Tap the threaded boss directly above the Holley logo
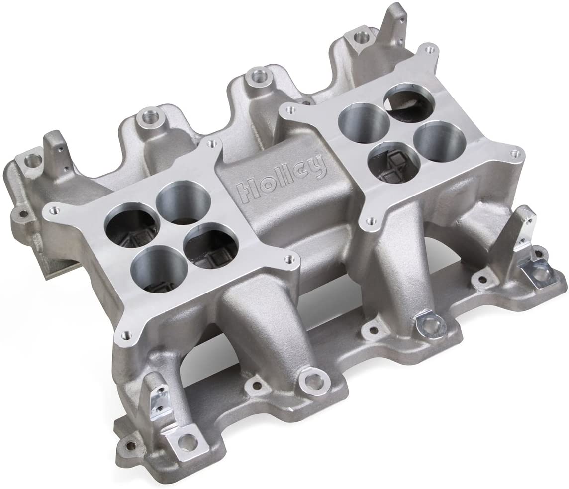pos(258,75)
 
